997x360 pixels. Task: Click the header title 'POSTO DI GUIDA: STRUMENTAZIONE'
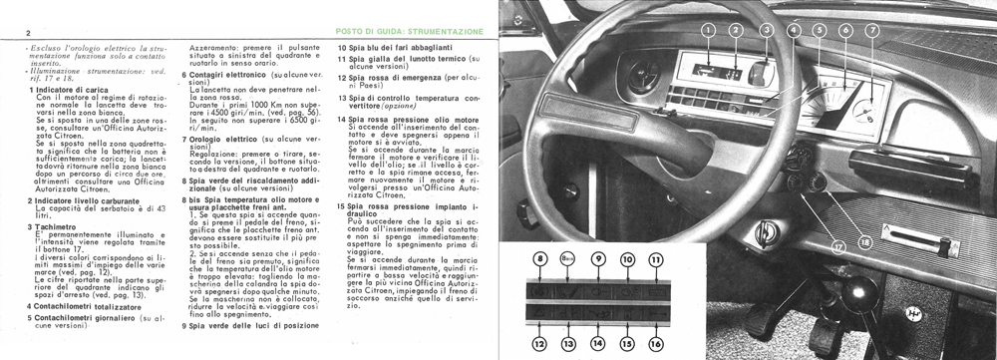[410, 33]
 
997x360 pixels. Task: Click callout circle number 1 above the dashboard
[708, 31]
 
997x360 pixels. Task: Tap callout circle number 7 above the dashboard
[871, 31]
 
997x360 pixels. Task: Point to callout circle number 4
[794, 31]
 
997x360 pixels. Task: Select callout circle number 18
[863, 242]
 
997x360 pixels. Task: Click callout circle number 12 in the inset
[539, 343]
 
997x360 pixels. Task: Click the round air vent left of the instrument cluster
[638, 78]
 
